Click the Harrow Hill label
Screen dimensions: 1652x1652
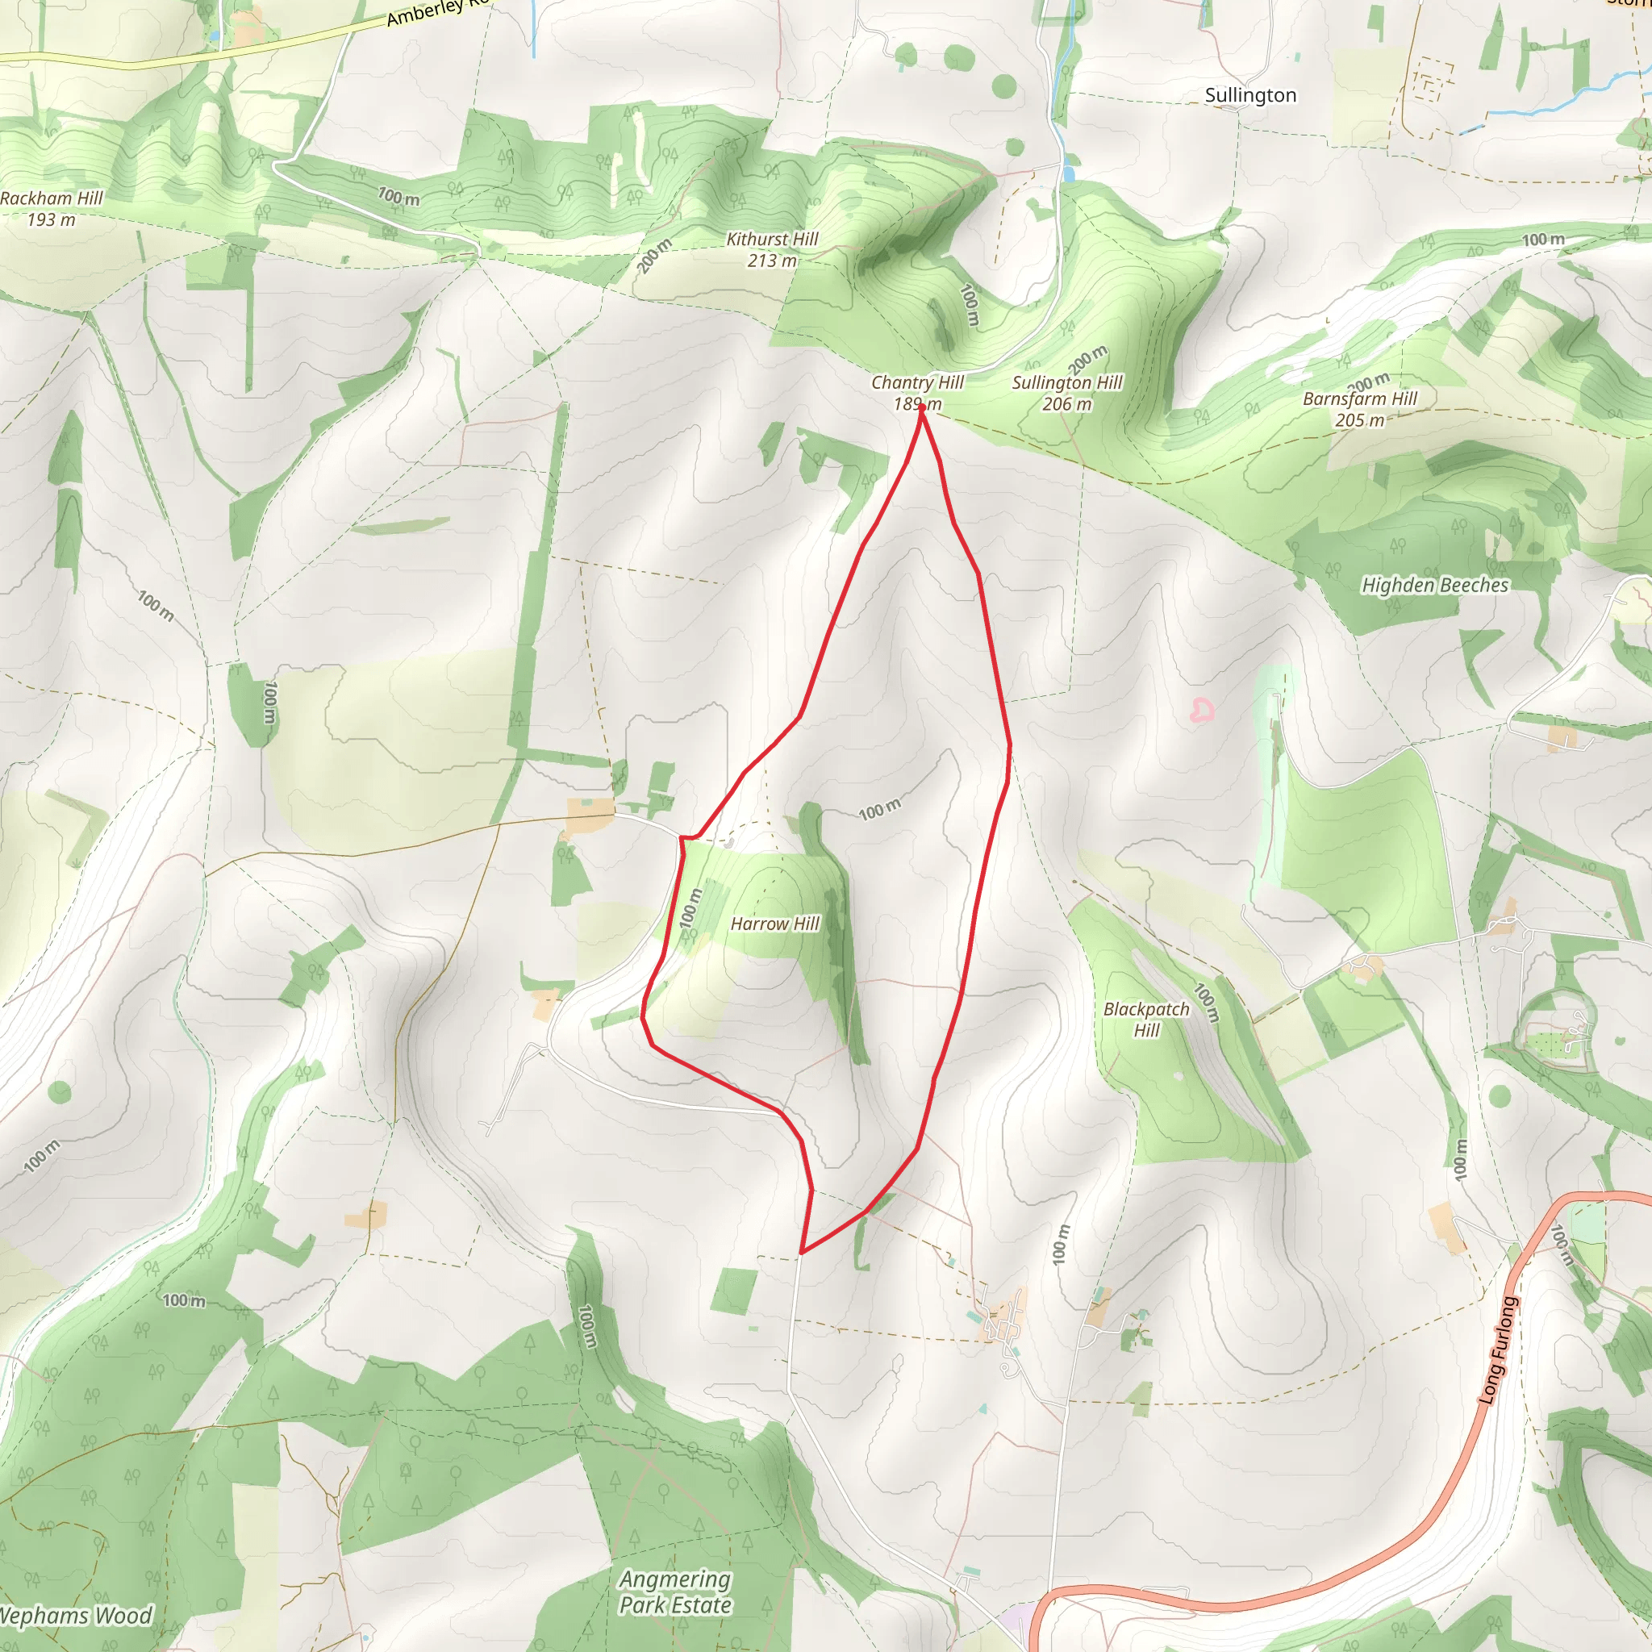(774, 924)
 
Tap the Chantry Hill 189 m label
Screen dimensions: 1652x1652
(916, 393)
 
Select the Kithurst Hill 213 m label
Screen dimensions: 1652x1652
(772, 250)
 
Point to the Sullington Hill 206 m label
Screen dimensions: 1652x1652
(1067, 393)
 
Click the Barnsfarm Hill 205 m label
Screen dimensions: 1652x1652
(1359, 409)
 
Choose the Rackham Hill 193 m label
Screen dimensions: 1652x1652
(52, 209)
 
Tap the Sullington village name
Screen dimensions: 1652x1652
(1250, 95)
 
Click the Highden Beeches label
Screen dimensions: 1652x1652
(1435, 585)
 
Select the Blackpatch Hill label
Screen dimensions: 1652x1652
(1145, 1020)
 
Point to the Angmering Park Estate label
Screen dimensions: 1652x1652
(675, 1592)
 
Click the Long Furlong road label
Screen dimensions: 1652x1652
(1497, 1351)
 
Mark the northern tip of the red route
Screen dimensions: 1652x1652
(921, 407)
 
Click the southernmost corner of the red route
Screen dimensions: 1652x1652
(801, 1254)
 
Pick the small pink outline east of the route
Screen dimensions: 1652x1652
(1202, 710)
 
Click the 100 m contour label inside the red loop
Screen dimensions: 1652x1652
(879, 809)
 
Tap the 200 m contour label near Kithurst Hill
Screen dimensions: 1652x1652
(654, 256)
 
